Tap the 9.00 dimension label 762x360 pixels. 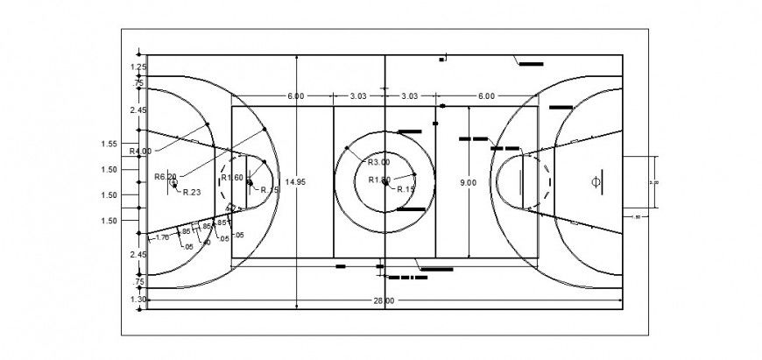469,182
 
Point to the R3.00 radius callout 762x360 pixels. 378,162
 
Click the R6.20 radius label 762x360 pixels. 166,176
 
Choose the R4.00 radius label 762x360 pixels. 140,151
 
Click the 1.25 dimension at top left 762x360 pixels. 138,67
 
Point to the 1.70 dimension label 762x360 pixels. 162,237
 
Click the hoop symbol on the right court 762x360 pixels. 596,182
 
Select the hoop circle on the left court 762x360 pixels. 173,184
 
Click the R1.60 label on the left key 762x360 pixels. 232,177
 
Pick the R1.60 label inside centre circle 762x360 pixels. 378,180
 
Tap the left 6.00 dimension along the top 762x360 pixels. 295,95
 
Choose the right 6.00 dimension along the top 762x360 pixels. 486,95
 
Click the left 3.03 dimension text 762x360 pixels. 358,95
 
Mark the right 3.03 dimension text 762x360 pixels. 410,95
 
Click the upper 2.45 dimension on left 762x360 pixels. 138,110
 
